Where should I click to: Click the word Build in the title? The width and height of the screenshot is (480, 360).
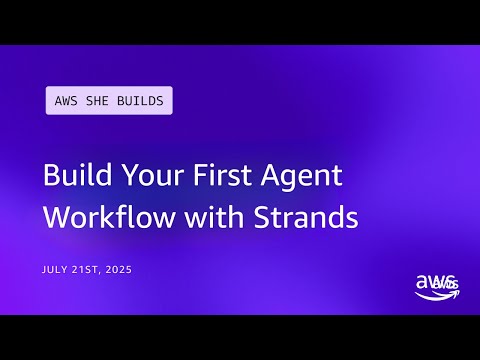tap(74, 176)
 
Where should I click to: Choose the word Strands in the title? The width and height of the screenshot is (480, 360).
tap(299, 217)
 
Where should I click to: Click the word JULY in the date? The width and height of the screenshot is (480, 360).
tap(55, 270)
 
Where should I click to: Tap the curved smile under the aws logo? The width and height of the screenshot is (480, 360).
tap(429, 294)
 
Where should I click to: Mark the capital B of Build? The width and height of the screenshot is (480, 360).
tap(51, 176)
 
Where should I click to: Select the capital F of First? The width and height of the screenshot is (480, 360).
tap(197, 176)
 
